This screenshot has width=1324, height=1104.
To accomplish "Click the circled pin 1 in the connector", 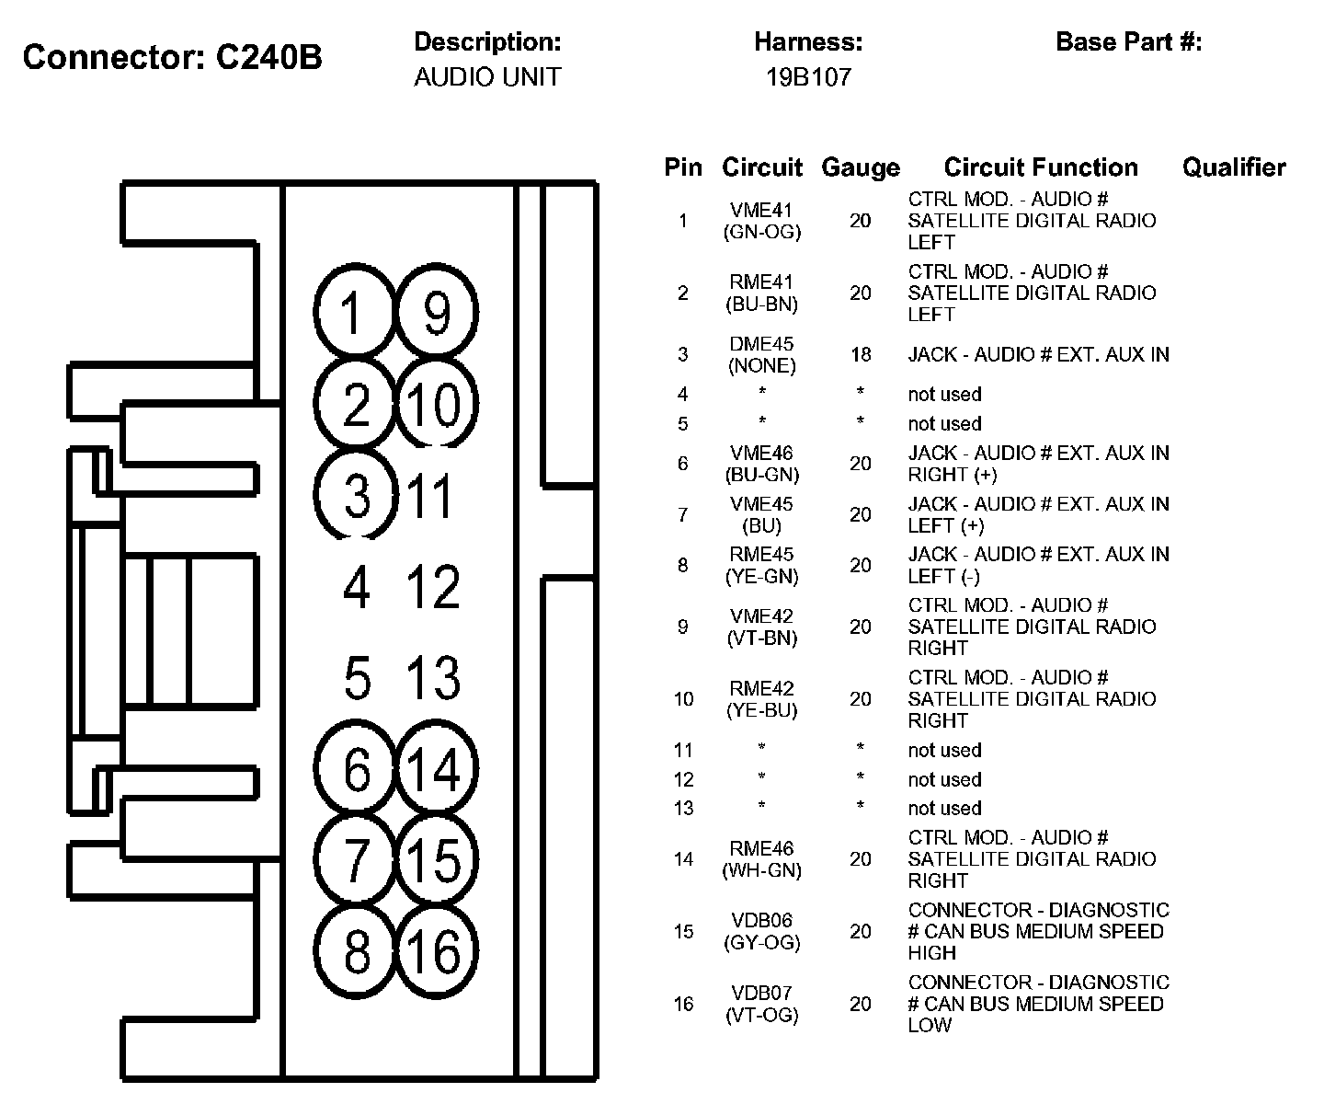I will (x=355, y=313).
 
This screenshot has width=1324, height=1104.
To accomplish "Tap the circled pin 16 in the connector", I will (x=437, y=950).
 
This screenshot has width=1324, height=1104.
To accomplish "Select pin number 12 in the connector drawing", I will (x=433, y=587).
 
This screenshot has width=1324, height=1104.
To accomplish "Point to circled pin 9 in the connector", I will (x=437, y=313).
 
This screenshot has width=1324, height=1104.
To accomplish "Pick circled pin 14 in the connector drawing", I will (x=437, y=768).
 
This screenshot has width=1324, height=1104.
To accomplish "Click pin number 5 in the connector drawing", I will (x=357, y=678).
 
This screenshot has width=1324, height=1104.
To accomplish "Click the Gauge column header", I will (x=860, y=167).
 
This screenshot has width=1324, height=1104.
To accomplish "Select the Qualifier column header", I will (x=1233, y=167).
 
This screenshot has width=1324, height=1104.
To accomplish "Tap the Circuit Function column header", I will (x=1040, y=167).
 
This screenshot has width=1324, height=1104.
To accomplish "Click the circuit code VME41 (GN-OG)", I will (x=761, y=221).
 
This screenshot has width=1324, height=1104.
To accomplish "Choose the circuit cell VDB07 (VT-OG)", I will (x=761, y=1004).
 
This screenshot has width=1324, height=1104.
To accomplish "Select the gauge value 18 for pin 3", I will (x=860, y=354).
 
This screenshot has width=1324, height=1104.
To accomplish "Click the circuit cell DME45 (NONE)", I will (x=761, y=354).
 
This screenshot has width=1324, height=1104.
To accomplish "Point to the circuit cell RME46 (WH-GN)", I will (x=761, y=858).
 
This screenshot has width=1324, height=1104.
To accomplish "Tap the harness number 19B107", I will (x=808, y=77).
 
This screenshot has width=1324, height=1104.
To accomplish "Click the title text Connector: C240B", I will (x=172, y=57).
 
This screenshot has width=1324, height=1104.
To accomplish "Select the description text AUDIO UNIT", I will (x=486, y=77).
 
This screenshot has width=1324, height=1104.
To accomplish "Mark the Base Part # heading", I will (x=1128, y=42).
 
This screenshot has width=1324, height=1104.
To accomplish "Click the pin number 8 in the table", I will (x=682, y=565).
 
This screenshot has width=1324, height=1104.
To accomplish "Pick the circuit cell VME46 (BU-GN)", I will (x=761, y=464).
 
